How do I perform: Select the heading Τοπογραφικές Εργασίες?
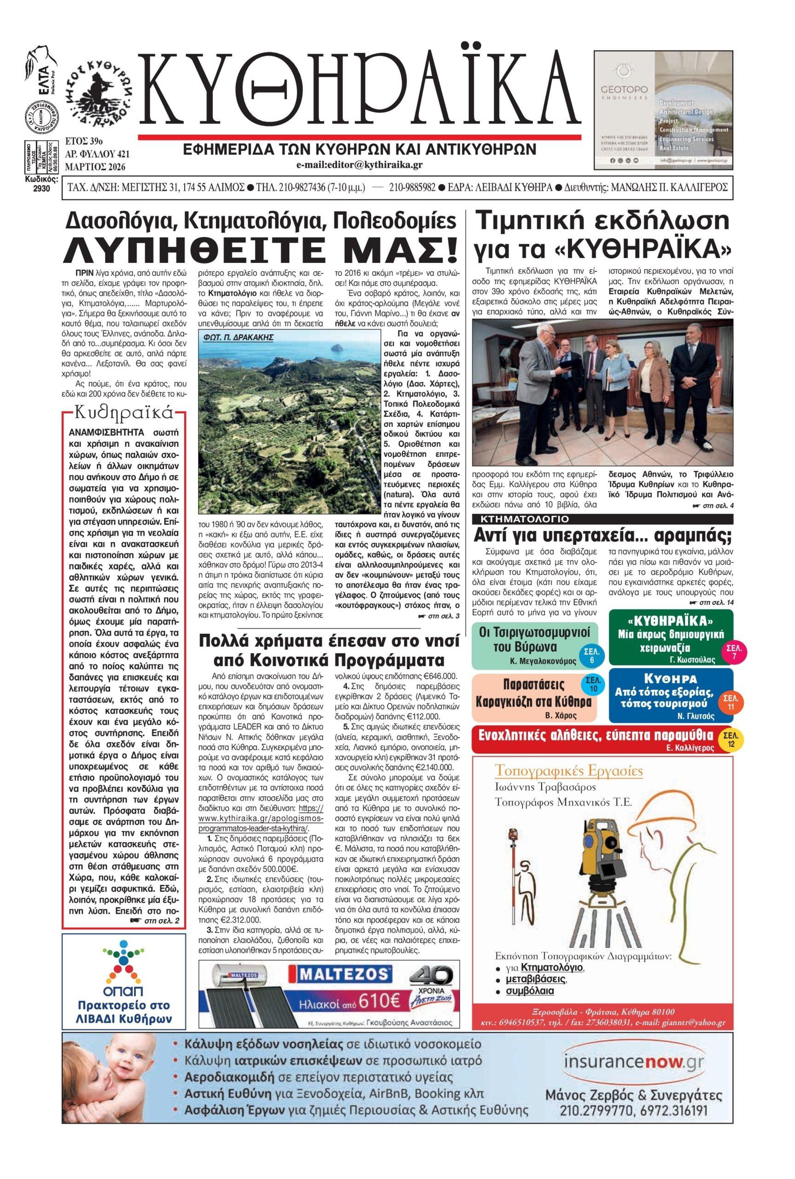[568, 771]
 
